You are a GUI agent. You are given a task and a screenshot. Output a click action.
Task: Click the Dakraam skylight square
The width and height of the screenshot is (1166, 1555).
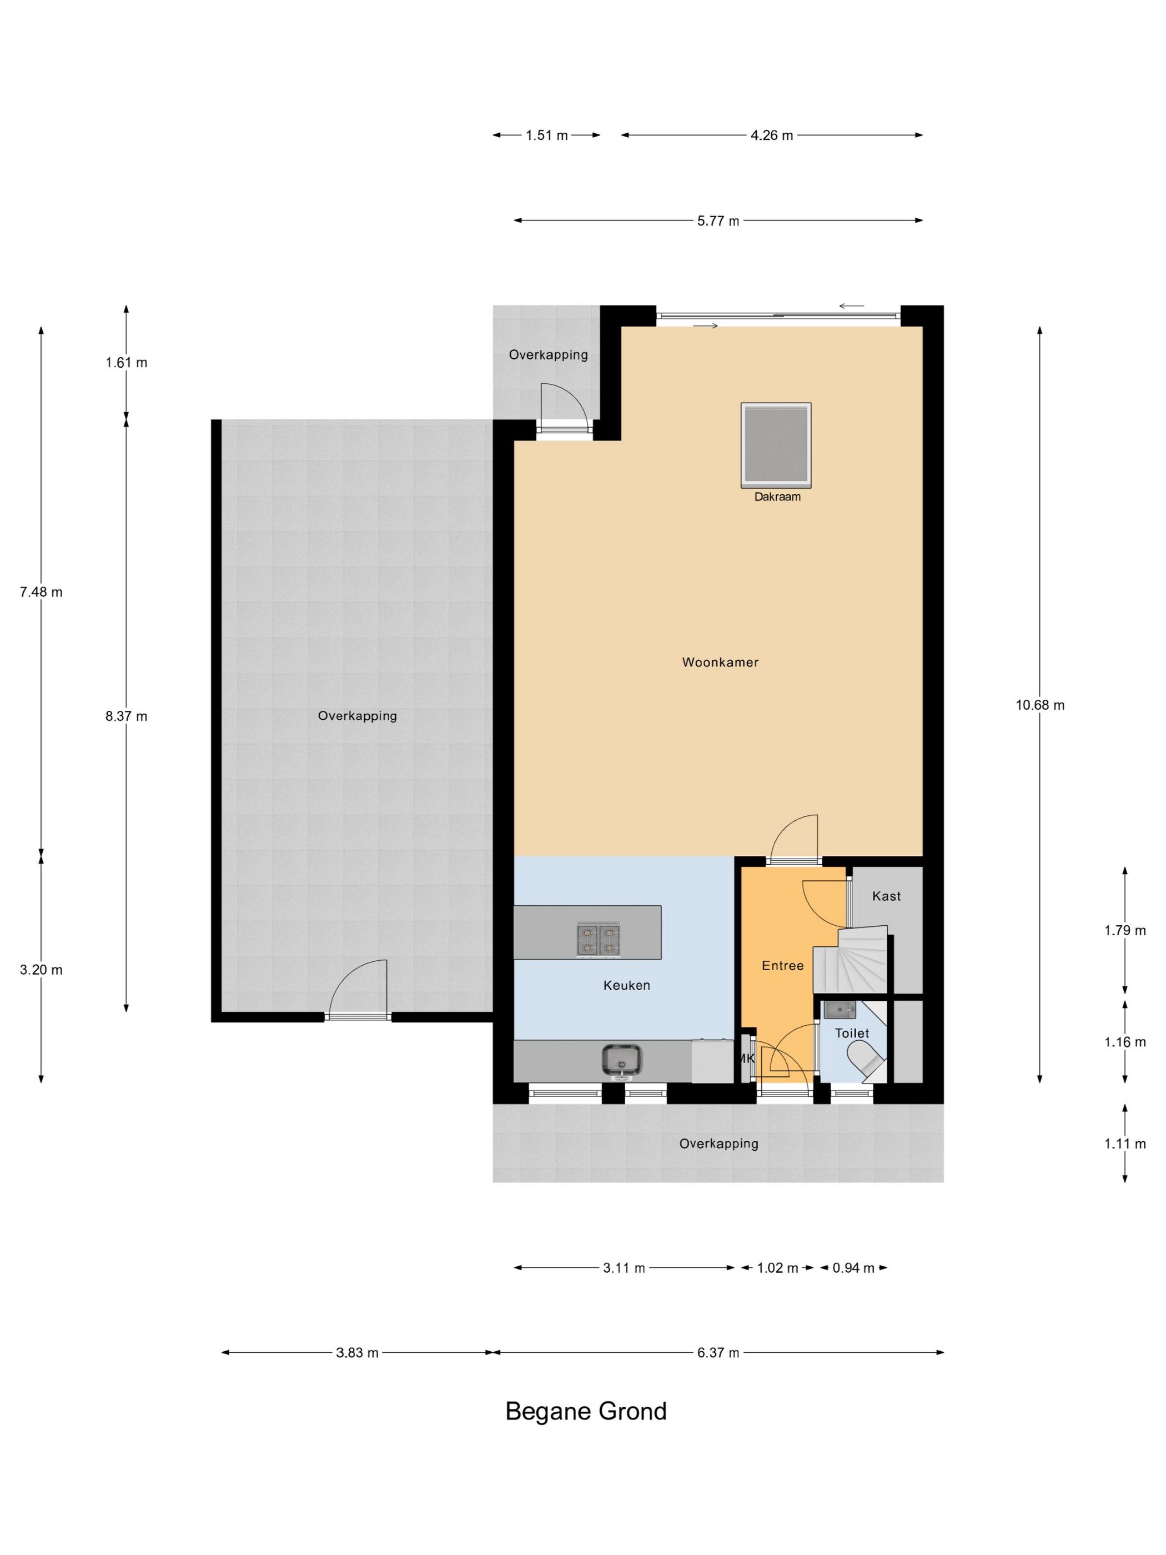pos(775,444)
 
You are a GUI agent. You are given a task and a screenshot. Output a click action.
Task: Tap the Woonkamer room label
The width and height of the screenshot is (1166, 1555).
pos(720,662)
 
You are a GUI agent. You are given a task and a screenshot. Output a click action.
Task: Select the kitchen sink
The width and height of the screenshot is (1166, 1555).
pos(621,1061)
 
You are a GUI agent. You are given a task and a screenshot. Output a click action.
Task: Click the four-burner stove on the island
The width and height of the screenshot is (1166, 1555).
pos(599,939)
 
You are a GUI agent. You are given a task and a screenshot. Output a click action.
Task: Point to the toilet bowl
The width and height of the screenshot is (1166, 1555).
pos(865,1060)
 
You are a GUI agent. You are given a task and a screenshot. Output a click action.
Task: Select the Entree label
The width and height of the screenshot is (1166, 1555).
pos(782,966)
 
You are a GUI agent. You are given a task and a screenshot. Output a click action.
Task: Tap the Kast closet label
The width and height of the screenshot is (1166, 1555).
pos(886,896)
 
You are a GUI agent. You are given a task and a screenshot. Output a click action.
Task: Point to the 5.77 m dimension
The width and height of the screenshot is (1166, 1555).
pos(718,220)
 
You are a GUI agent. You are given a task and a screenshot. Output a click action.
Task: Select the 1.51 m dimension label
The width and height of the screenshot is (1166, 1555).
pos(547,136)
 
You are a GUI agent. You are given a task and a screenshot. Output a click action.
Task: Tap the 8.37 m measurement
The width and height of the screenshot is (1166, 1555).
pos(127,716)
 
